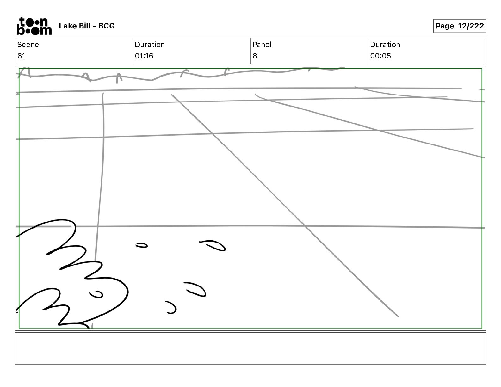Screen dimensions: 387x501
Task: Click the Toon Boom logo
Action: click(x=34, y=26)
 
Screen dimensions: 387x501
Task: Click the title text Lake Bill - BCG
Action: click(x=87, y=26)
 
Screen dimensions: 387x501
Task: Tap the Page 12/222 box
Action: click(x=459, y=26)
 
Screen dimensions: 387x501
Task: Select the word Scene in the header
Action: click(x=28, y=45)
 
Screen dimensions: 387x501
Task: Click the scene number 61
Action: click(x=21, y=56)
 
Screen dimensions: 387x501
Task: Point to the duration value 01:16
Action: click(x=144, y=56)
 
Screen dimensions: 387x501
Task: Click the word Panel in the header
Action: click(x=262, y=45)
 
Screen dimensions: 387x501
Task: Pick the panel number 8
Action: click(x=255, y=56)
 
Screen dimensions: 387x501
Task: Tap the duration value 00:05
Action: click(x=380, y=56)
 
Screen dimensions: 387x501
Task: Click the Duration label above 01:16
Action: click(x=150, y=45)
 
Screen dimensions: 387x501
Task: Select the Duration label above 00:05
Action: click(x=385, y=45)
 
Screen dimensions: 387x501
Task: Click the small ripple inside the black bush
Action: click(x=96, y=294)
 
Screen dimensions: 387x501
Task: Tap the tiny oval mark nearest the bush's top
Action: click(x=142, y=245)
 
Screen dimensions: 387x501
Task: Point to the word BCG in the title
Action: click(x=107, y=26)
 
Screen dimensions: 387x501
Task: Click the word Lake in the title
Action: click(x=66, y=26)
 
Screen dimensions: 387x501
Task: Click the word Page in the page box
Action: click(x=445, y=26)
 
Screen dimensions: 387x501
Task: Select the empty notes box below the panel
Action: click(x=250, y=348)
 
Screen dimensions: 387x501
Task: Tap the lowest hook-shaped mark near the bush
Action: click(x=171, y=308)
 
